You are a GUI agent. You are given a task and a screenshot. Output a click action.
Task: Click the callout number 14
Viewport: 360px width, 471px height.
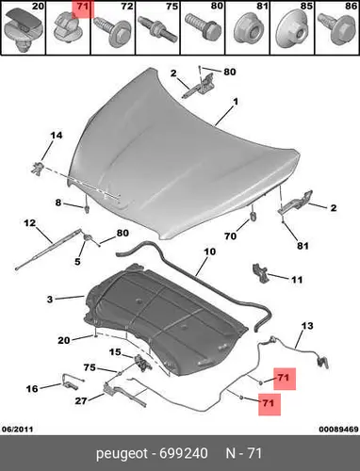tap(57, 136)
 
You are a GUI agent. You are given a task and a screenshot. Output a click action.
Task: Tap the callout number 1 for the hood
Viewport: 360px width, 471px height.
tap(236, 102)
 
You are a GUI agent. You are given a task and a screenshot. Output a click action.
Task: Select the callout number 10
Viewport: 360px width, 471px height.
tap(210, 252)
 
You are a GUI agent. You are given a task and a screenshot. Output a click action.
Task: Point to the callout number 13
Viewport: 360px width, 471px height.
tap(307, 326)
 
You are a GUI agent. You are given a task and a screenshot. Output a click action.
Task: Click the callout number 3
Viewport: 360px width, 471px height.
tap(50, 300)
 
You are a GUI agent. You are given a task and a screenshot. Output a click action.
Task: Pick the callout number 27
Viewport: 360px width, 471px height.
tap(81, 400)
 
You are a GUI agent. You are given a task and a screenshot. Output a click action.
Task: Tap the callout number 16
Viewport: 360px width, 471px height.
tap(32, 389)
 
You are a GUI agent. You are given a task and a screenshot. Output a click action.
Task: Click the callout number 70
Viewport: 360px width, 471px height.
tap(230, 235)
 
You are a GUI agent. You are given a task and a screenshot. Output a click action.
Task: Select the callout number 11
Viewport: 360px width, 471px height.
tap(297, 280)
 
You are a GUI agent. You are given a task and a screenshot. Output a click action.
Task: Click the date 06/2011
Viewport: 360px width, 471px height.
tap(18, 429)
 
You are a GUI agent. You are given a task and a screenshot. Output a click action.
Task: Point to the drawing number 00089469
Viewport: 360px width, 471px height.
tap(338, 429)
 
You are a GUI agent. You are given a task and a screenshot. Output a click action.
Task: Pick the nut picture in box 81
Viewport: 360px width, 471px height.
tap(248, 29)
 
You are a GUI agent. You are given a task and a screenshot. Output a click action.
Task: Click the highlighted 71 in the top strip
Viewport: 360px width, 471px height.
tap(83, 7)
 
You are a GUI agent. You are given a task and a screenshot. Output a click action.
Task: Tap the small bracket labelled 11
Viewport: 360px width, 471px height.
tap(260, 273)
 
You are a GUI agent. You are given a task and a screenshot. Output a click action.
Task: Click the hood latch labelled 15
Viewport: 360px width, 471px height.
tap(142, 363)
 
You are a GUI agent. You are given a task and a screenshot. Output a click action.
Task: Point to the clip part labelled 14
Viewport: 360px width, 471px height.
tap(37, 168)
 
